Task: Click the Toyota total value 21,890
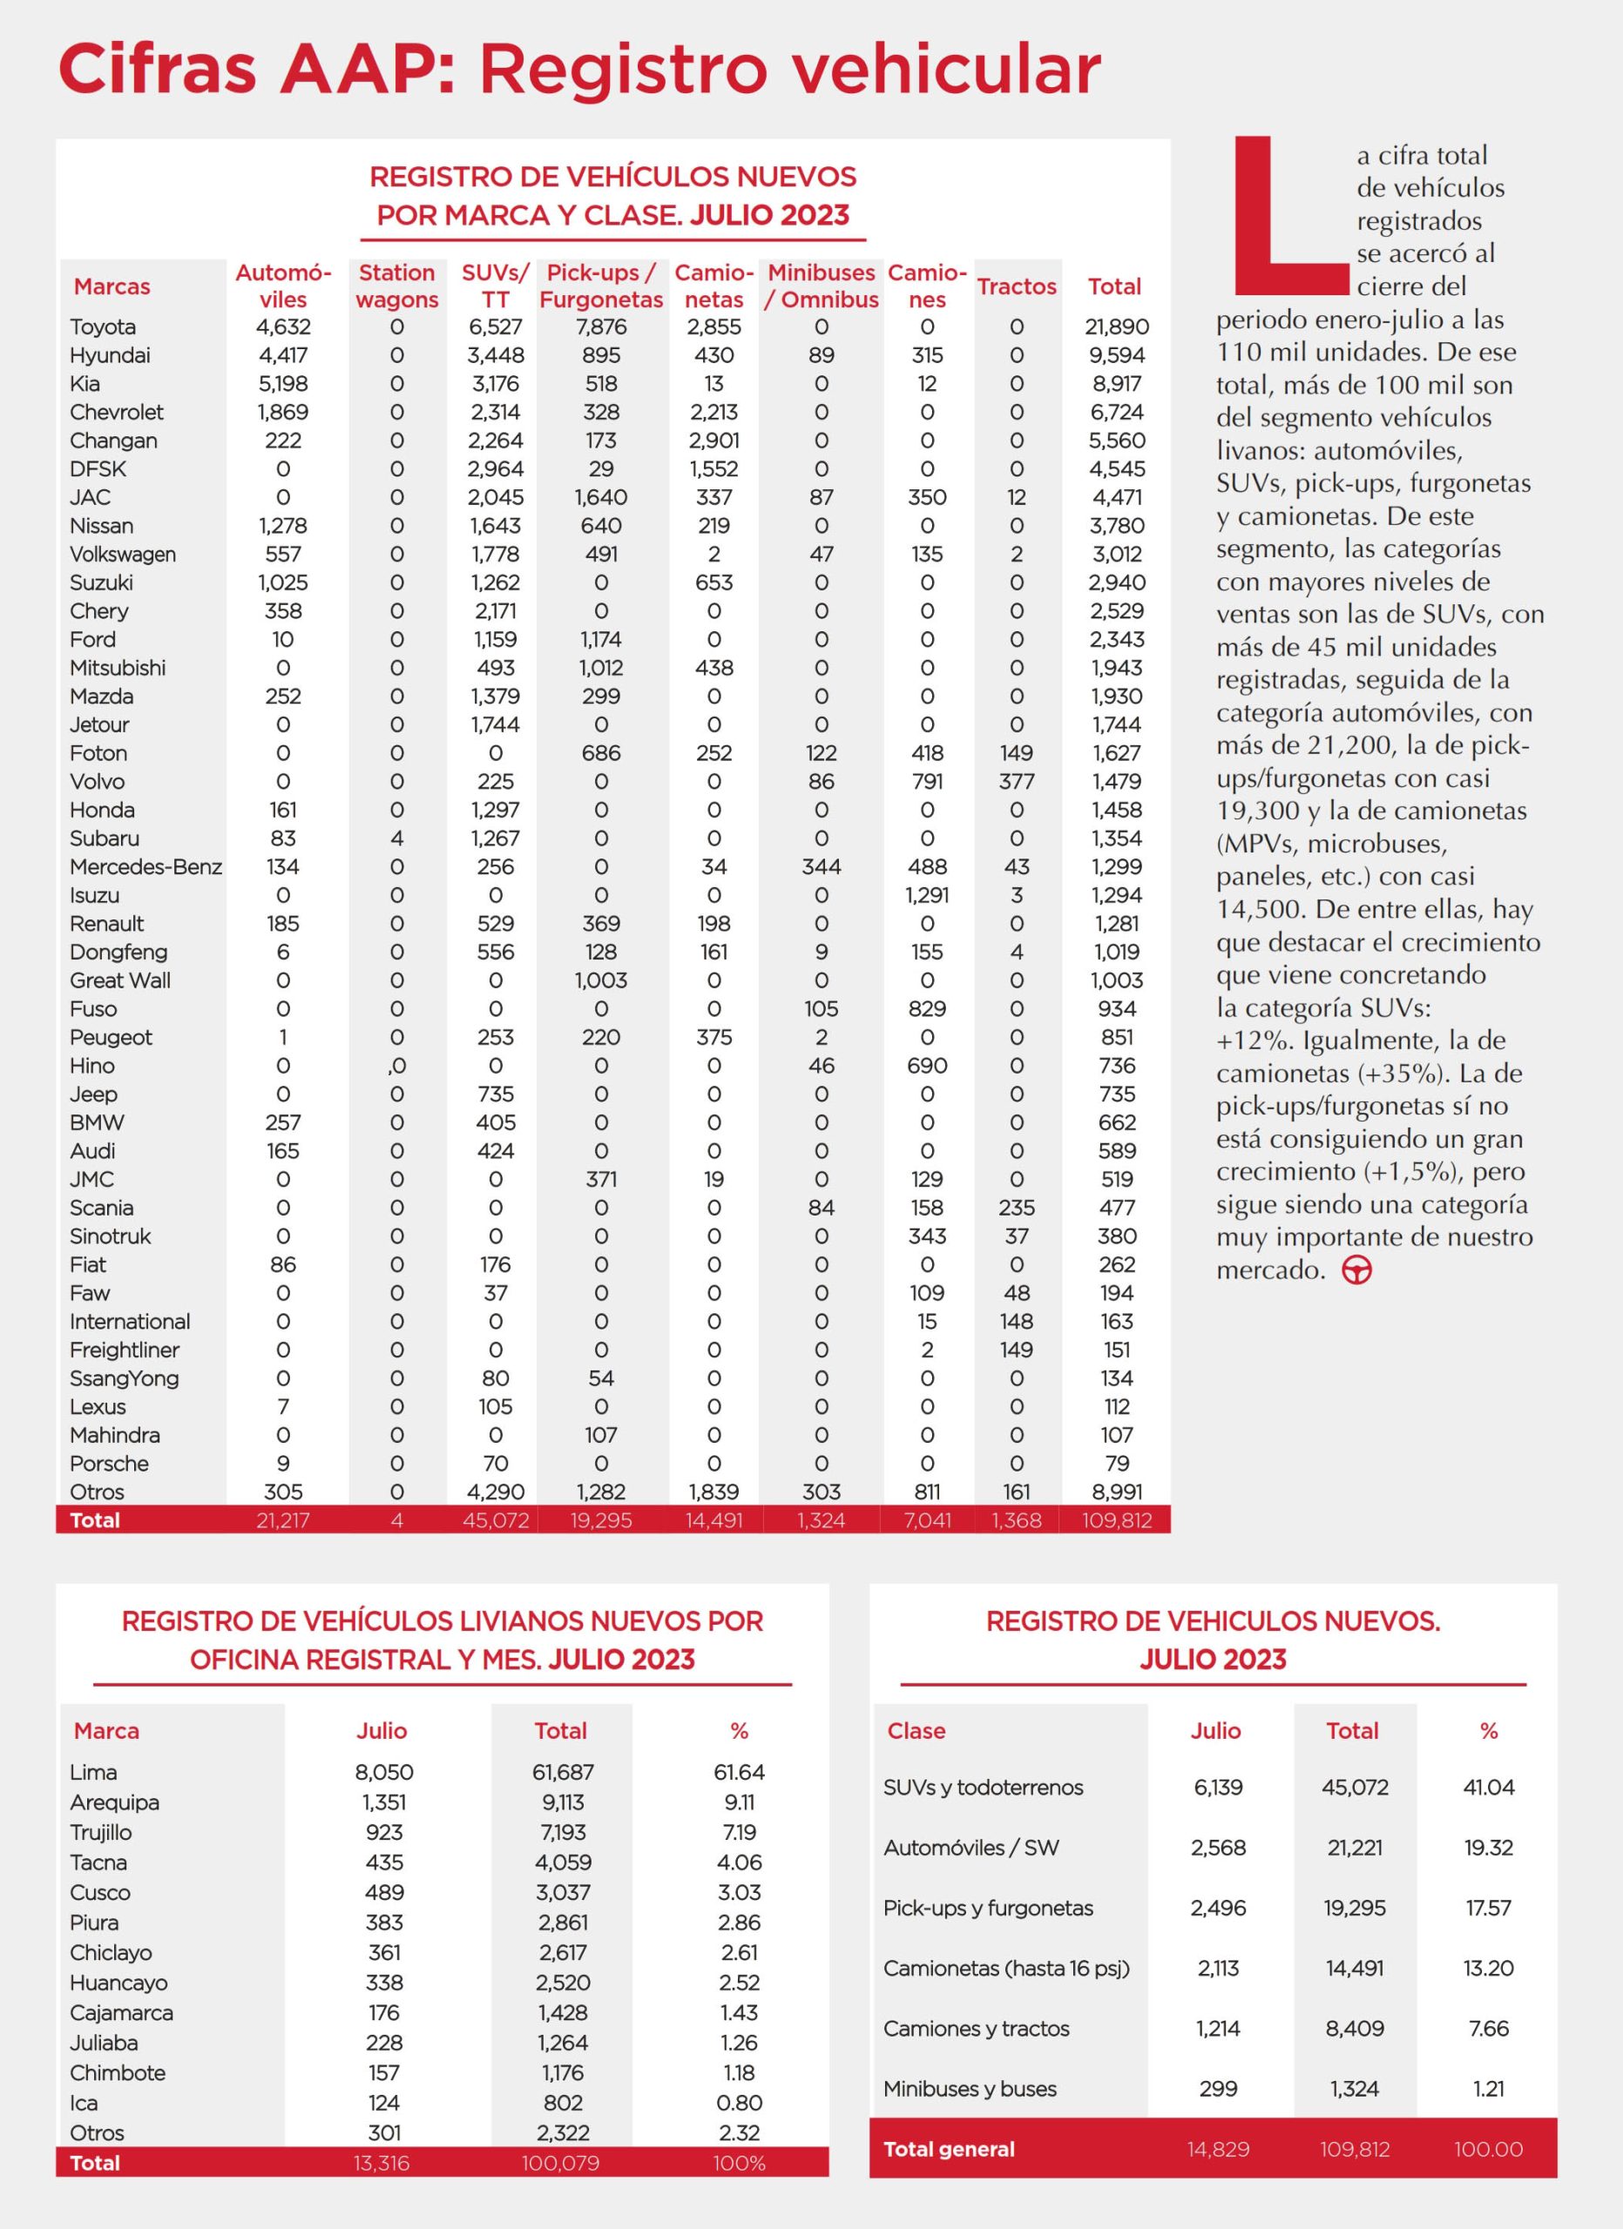click(x=1117, y=327)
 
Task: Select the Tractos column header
click(x=1017, y=287)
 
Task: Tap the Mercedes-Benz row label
click(x=145, y=867)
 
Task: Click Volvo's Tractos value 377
click(x=1017, y=782)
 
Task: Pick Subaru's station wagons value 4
click(x=397, y=839)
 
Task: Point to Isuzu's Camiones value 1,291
click(x=927, y=896)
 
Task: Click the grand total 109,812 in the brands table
click(x=1117, y=1520)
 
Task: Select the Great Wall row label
click(x=120, y=980)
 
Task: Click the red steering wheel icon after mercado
click(x=1356, y=1270)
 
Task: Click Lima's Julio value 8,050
click(x=383, y=1772)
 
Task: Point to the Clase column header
click(x=916, y=1731)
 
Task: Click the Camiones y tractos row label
click(x=977, y=2029)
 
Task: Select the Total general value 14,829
click(x=1218, y=2150)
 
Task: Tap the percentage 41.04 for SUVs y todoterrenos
click(x=1488, y=1788)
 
